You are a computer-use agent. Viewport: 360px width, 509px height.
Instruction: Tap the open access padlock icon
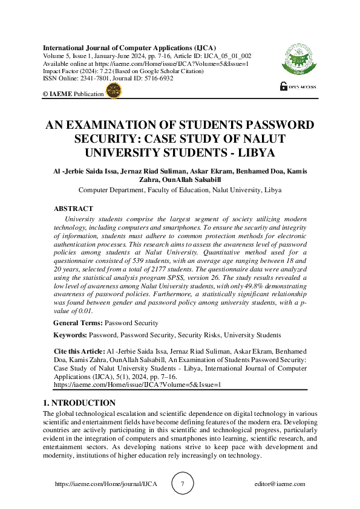(x=283, y=86)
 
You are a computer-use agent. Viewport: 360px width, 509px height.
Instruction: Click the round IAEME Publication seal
(x=113, y=91)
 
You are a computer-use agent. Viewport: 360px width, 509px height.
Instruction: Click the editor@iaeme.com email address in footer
(x=280, y=484)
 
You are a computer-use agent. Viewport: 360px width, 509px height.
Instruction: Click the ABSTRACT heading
(x=74, y=207)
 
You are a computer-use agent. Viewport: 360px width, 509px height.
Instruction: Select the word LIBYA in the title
(x=253, y=152)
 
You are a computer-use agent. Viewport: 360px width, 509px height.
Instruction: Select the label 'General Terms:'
(x=78, y=323)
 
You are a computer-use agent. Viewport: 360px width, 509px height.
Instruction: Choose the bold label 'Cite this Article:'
(x=79, y=350)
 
